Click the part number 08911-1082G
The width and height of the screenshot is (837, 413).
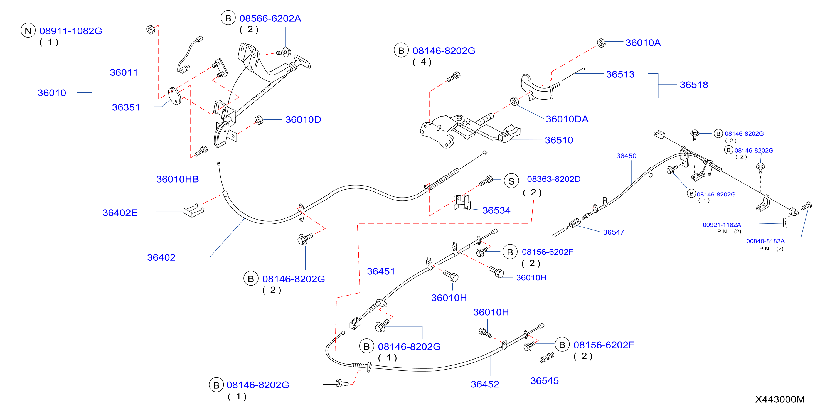coord(71,31)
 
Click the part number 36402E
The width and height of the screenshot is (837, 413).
coord(120,213)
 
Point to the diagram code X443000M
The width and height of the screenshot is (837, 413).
coord(780,399)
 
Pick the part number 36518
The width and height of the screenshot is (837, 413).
coord(694,85)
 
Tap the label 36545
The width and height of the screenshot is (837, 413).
coord(545,380)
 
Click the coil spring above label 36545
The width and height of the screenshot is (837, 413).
coord(547,357)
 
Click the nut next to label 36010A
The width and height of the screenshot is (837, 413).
coord(601,43)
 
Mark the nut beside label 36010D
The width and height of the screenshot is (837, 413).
coord(259,120)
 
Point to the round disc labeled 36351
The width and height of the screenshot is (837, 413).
coord(175,96)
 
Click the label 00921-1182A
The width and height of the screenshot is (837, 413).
coord(722,225)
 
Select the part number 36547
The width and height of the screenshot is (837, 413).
coord(614,232)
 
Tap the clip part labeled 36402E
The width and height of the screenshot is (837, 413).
coord(193,211)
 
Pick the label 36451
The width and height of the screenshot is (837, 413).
coord(381,271)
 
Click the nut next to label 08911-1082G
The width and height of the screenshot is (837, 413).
coord(151,29)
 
